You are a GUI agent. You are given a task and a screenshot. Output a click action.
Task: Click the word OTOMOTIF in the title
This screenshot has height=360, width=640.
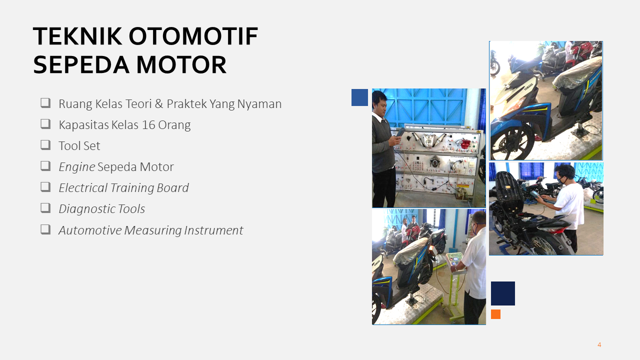193,36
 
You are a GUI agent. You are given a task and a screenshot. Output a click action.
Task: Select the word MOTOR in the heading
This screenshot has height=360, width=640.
181,65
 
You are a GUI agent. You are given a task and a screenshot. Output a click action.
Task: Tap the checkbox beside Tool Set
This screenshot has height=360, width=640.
45,145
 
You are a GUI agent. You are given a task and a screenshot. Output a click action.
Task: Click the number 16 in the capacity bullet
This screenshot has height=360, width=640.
148,125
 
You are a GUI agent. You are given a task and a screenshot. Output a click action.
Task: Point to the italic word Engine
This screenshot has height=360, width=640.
77,167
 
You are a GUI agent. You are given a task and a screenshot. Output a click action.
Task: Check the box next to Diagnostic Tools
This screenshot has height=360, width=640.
45,208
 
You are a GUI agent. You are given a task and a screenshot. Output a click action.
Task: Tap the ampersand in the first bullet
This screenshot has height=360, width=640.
159,103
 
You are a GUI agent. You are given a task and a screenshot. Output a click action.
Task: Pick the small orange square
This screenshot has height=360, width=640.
495,314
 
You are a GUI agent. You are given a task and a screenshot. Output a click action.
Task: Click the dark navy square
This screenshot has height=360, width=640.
503,293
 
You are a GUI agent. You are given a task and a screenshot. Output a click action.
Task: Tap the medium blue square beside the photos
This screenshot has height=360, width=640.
359,97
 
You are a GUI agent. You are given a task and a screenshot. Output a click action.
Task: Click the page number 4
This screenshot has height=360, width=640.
599,345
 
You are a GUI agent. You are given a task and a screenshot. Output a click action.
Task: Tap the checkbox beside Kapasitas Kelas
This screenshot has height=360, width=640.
45,124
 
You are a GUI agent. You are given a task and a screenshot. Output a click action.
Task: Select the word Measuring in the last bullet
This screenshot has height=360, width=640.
153,230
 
